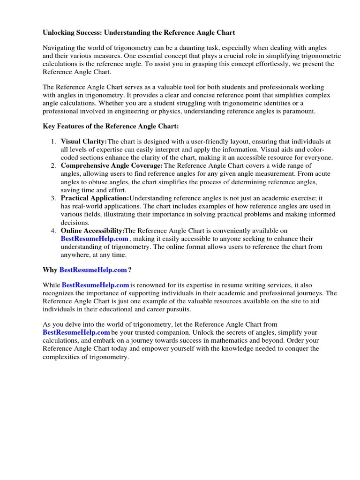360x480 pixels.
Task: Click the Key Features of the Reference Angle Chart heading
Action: (x=111, y=127)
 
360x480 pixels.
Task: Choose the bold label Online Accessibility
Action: (x=92, y=231)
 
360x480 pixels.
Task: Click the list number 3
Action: (x=53, y=198)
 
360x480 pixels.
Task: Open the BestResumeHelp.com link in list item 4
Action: (x=94, y=239)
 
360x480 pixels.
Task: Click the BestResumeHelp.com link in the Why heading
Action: (x=93, y=270)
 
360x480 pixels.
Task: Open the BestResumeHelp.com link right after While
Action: (x=95, y=285)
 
